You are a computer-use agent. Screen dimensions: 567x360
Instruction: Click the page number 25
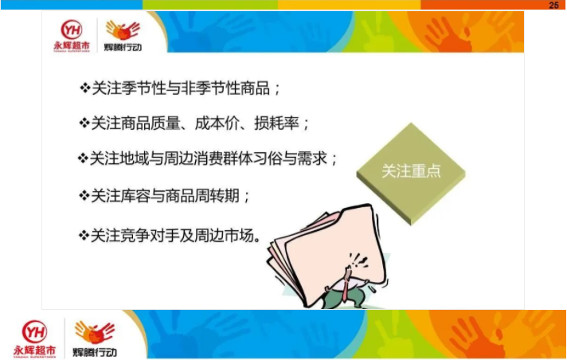[x=553, y=5]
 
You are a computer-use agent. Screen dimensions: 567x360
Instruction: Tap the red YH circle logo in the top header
[x=71, y=29]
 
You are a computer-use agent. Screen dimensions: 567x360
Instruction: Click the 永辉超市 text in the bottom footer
[x=35, y=350]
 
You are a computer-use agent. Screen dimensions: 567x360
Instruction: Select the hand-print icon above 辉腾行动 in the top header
[x=123, y=30]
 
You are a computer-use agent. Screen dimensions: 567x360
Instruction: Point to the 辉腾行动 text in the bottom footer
[x=95, y=352]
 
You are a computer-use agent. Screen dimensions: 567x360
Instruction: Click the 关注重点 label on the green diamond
[x=411, y=171]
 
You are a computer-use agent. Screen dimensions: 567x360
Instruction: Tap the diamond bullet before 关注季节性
[x=84, y=88]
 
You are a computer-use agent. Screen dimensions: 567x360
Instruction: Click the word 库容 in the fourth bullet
[x=135, y=196]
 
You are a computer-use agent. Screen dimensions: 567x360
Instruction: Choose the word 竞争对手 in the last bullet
[x=150, y=236]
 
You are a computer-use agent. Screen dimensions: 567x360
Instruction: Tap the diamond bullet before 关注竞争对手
[x=84, y=236]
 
